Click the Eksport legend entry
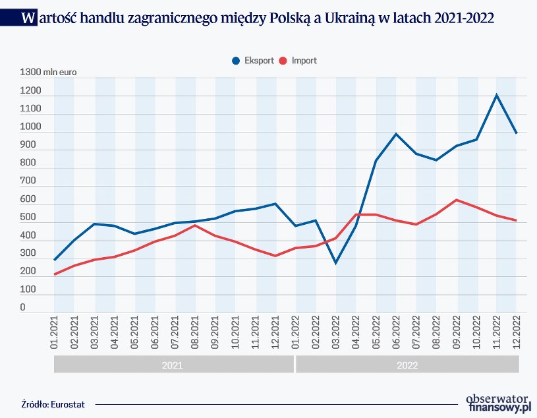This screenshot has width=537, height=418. (x=253, y=61)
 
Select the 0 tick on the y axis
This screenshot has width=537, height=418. (x=22, y=307)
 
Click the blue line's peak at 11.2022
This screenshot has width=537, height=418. (x=497, y=95)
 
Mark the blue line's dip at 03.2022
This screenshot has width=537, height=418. (x=336, y=263)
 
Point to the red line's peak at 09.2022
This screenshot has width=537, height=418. (x=457, y=200)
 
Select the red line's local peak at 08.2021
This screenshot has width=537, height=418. (x=195, y=225)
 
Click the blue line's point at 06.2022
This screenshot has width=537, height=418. (x=396, y=134)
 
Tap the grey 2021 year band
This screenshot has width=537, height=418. (x=172, y=364)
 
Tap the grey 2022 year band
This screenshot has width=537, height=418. (x=408, y=364)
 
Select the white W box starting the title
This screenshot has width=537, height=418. (x=28, y=18)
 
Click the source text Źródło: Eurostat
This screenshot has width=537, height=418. (x=48, y=403)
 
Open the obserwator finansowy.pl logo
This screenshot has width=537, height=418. (x=497, y=403)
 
